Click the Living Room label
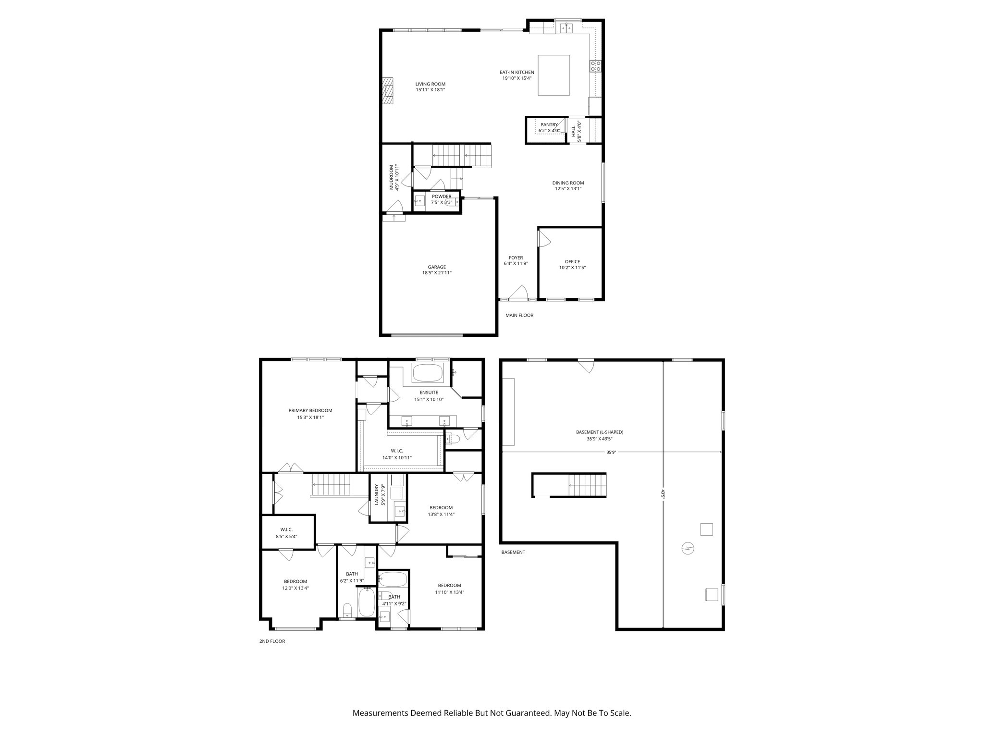430,84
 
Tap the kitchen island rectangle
553,75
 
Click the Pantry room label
549,125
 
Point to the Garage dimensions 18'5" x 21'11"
437,273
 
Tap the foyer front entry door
519,293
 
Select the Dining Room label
567,183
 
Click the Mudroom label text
392,177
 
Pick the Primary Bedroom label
310,410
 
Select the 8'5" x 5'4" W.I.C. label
286,533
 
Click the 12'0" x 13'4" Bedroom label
295,584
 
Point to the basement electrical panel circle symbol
688,548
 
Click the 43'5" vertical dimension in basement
663,495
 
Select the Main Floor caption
519,316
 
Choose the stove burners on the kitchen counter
596,66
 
